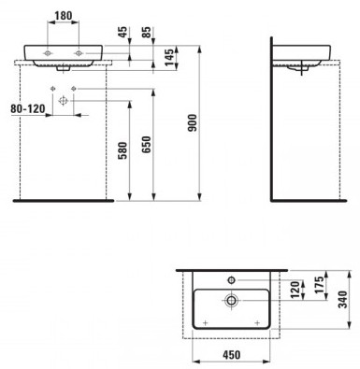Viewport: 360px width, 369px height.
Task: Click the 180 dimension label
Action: (64, 16)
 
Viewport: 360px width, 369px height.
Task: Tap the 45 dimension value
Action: (123, 32)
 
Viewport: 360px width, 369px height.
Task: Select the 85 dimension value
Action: (148, 32)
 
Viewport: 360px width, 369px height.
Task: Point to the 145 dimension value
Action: (169, 57)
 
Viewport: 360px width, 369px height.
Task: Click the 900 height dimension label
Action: (194, 122)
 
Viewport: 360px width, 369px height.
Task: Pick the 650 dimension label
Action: (147, 145)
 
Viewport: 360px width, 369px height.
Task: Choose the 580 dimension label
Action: (122, 150)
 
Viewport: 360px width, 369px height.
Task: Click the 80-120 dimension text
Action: (28, 108)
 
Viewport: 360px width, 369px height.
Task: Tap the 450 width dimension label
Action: (232, 355)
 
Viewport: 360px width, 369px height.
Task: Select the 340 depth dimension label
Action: (343, 299)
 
